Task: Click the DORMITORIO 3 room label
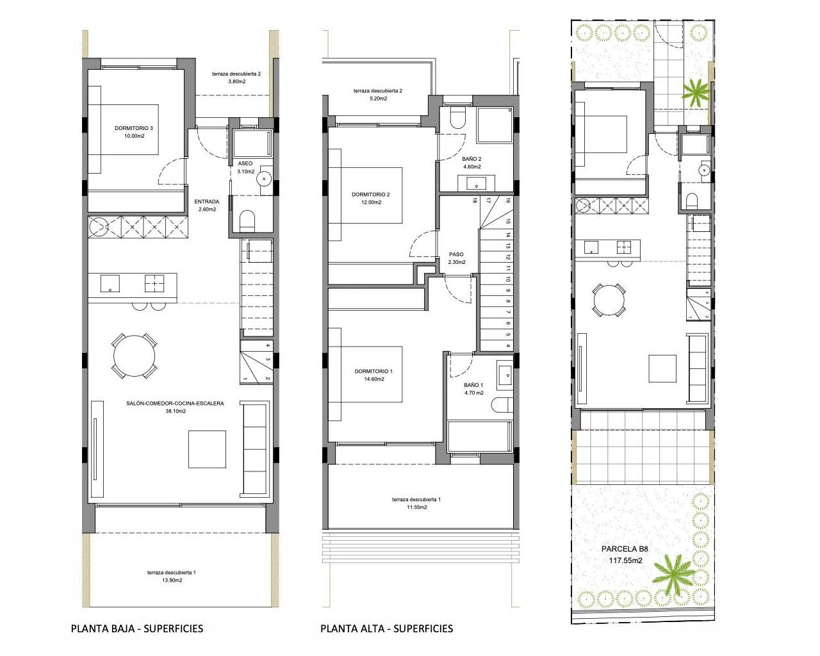[134, 128]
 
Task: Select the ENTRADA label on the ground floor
[206, 202]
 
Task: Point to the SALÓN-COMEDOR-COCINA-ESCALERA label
[175, 404]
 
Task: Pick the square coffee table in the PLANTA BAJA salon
[207, 450]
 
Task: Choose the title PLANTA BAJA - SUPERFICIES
[137, 628]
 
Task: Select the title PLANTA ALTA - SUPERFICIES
[386, 628]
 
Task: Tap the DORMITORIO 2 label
[370, 194]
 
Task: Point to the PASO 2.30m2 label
[456, 254]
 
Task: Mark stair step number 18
[475, 201]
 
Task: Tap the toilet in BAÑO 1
[502, 405]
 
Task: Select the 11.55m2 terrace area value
[416, 507]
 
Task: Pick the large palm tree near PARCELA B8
[671, 571]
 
